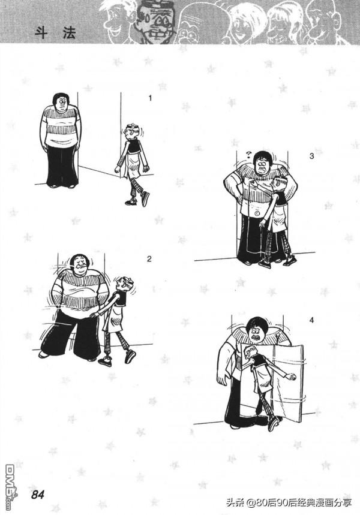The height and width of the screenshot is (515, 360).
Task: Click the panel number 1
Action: click(150, 98)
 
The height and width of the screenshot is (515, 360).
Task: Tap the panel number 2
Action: click(149, 259)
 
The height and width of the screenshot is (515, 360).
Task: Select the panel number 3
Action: click(311, 156)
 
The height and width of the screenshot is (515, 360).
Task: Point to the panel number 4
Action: click(311, 320)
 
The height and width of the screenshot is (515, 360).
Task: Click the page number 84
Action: click(38, 495)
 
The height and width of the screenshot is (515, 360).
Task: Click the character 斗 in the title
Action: click(41, 34)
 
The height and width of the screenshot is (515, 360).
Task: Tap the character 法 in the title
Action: click(70, 34)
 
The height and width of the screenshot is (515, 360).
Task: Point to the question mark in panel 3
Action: click(248, 154)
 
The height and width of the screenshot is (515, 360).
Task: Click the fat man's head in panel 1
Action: click(61, 102)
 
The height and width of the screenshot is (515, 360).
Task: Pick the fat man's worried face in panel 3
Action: click(262, 163)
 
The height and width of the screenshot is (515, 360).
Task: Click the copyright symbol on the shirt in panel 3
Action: click(257, 213)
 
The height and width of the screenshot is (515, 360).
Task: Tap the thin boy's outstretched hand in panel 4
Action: click(289, 377)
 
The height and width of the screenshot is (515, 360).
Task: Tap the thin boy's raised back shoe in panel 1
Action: click(145, 198)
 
